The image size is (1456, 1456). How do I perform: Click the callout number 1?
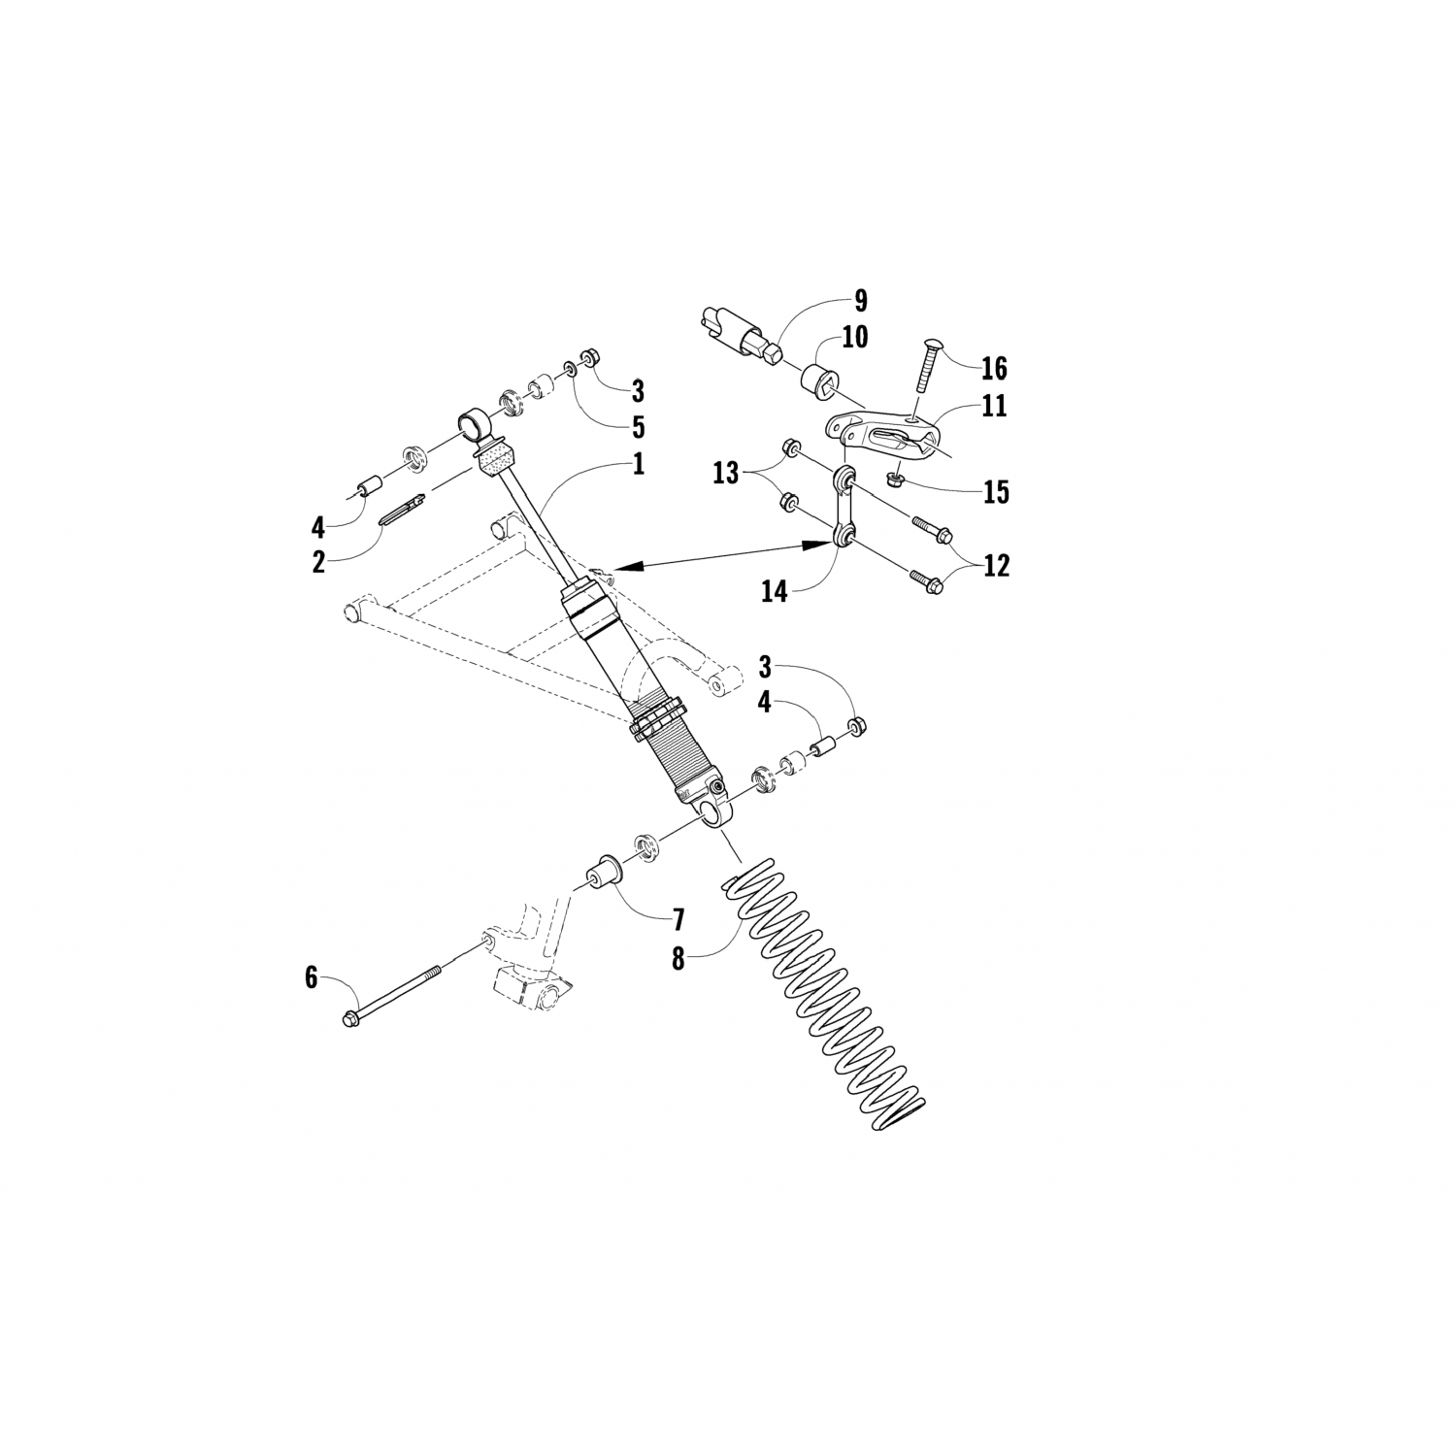[638, 464]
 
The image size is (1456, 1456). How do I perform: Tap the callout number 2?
[318, 562]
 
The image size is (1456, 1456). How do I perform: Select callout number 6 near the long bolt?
[311, 977]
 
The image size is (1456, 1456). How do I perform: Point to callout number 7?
[677, 918]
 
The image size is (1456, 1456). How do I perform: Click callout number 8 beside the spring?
[677, 959]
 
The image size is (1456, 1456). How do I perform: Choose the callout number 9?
[860, 300]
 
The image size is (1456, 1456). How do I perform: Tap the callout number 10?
[855, 338]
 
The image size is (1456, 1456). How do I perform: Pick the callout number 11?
[994, 405]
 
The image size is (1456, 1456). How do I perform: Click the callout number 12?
[996, 565]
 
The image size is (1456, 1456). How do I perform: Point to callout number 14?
[774, 590]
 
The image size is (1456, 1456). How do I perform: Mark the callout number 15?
[995, 491]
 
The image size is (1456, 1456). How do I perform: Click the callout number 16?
[994, 368]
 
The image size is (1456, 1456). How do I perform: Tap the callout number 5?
[637, 427]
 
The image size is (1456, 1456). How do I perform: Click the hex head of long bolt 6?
[349, 1018]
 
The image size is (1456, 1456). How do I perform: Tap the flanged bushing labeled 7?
[601, 871]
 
